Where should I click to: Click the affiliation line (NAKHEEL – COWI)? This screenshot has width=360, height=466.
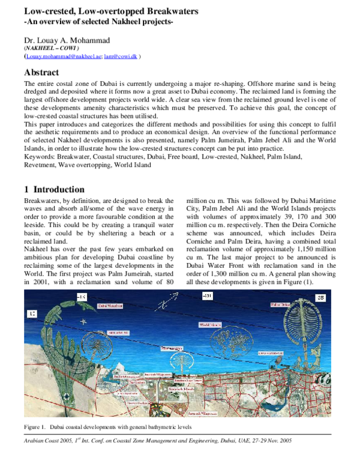click(x=47, y=47)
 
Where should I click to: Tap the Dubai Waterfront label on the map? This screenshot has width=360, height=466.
click(x=111, y=305)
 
